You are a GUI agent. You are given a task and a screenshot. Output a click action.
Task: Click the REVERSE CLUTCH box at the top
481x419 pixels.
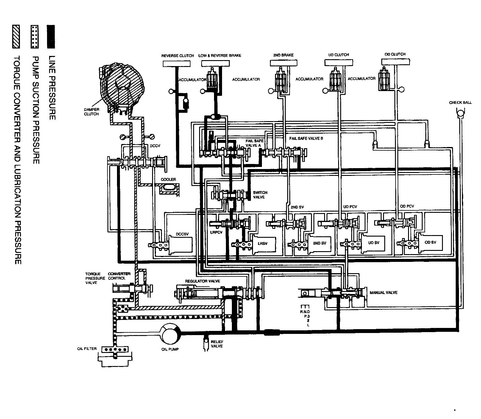click(x=177, y=64)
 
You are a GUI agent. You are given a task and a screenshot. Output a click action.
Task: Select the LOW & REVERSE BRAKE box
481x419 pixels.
click(x=215, y=63)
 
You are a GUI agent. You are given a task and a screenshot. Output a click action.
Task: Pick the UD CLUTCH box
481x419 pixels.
click(x=338, y=62)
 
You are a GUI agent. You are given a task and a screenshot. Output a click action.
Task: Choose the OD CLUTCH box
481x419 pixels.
click(x=395, y=62)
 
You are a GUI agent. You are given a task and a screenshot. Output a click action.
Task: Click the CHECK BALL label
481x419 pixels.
click(x=460, y=103)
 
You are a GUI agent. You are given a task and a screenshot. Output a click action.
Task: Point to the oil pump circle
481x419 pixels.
click(x=170, y=333)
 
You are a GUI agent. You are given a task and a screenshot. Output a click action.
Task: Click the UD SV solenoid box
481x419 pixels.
click(x=374, y=243)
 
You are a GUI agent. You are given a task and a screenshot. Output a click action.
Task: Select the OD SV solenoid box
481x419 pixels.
click(x=430, y=242)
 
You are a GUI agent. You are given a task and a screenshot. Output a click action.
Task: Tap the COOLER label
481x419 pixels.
click(x=168, y=180)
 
